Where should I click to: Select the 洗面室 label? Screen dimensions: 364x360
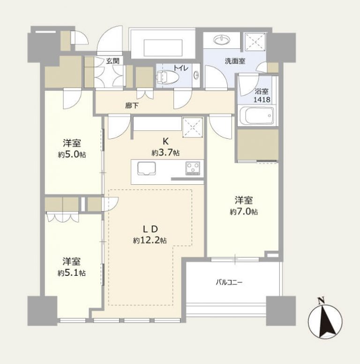pyautogui.click(x=234, y=61)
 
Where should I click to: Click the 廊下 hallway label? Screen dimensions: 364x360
pyautogui.click(x=132, y=106)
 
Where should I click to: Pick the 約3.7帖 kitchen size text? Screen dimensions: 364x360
pyautogui.click(x=165, y=152)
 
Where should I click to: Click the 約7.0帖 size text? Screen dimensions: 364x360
pyautogui.click(x=243, y=212)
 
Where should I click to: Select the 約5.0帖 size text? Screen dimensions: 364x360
pyautogui.click(x=71, y=155)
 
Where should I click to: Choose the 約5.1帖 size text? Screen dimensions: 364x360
pyautogui.click(x=71, y=273)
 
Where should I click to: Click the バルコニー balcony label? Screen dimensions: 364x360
pyautogui.click(x=229, y=282)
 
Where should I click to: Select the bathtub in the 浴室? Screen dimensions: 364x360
pyautogui.click(x=256, y=116)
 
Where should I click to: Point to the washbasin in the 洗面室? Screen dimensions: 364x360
pyautogui.click(x=220, y=40)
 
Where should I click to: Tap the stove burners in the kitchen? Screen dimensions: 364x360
pyautogui.click(x=193, y=167)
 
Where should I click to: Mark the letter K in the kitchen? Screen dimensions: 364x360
pyautogui.click(x=165, y=141)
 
